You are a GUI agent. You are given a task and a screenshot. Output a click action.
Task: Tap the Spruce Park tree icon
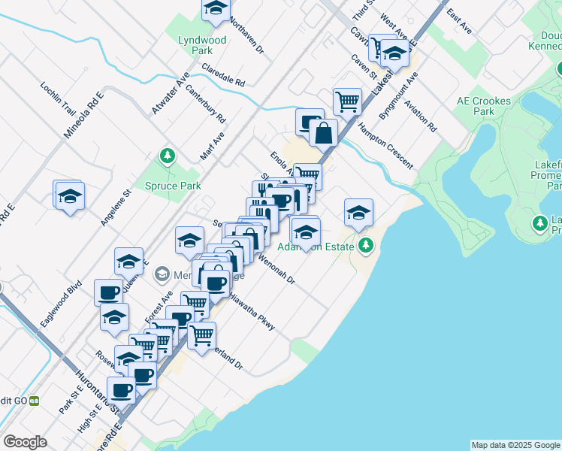click(x=168, y=156)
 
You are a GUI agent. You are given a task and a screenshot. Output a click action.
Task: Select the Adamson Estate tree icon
click(x=366, y=244)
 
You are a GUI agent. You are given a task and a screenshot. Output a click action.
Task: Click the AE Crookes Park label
click(x=483, y=106)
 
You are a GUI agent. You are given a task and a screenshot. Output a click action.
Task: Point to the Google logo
click(x=25, y=442)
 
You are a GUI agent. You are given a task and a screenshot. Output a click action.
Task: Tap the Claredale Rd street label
click(x=223, y=74)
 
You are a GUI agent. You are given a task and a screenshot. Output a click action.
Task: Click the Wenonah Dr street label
click(x=276, y=269)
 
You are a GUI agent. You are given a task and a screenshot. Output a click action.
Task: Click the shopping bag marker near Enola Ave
click(x=322, y=134)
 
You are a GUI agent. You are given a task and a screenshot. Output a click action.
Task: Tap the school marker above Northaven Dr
click(x=216, y=9)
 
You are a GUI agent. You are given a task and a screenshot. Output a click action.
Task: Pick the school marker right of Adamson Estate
click(x=358, y=212)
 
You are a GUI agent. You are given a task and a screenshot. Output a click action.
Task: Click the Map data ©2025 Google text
click(x=515, y=445)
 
